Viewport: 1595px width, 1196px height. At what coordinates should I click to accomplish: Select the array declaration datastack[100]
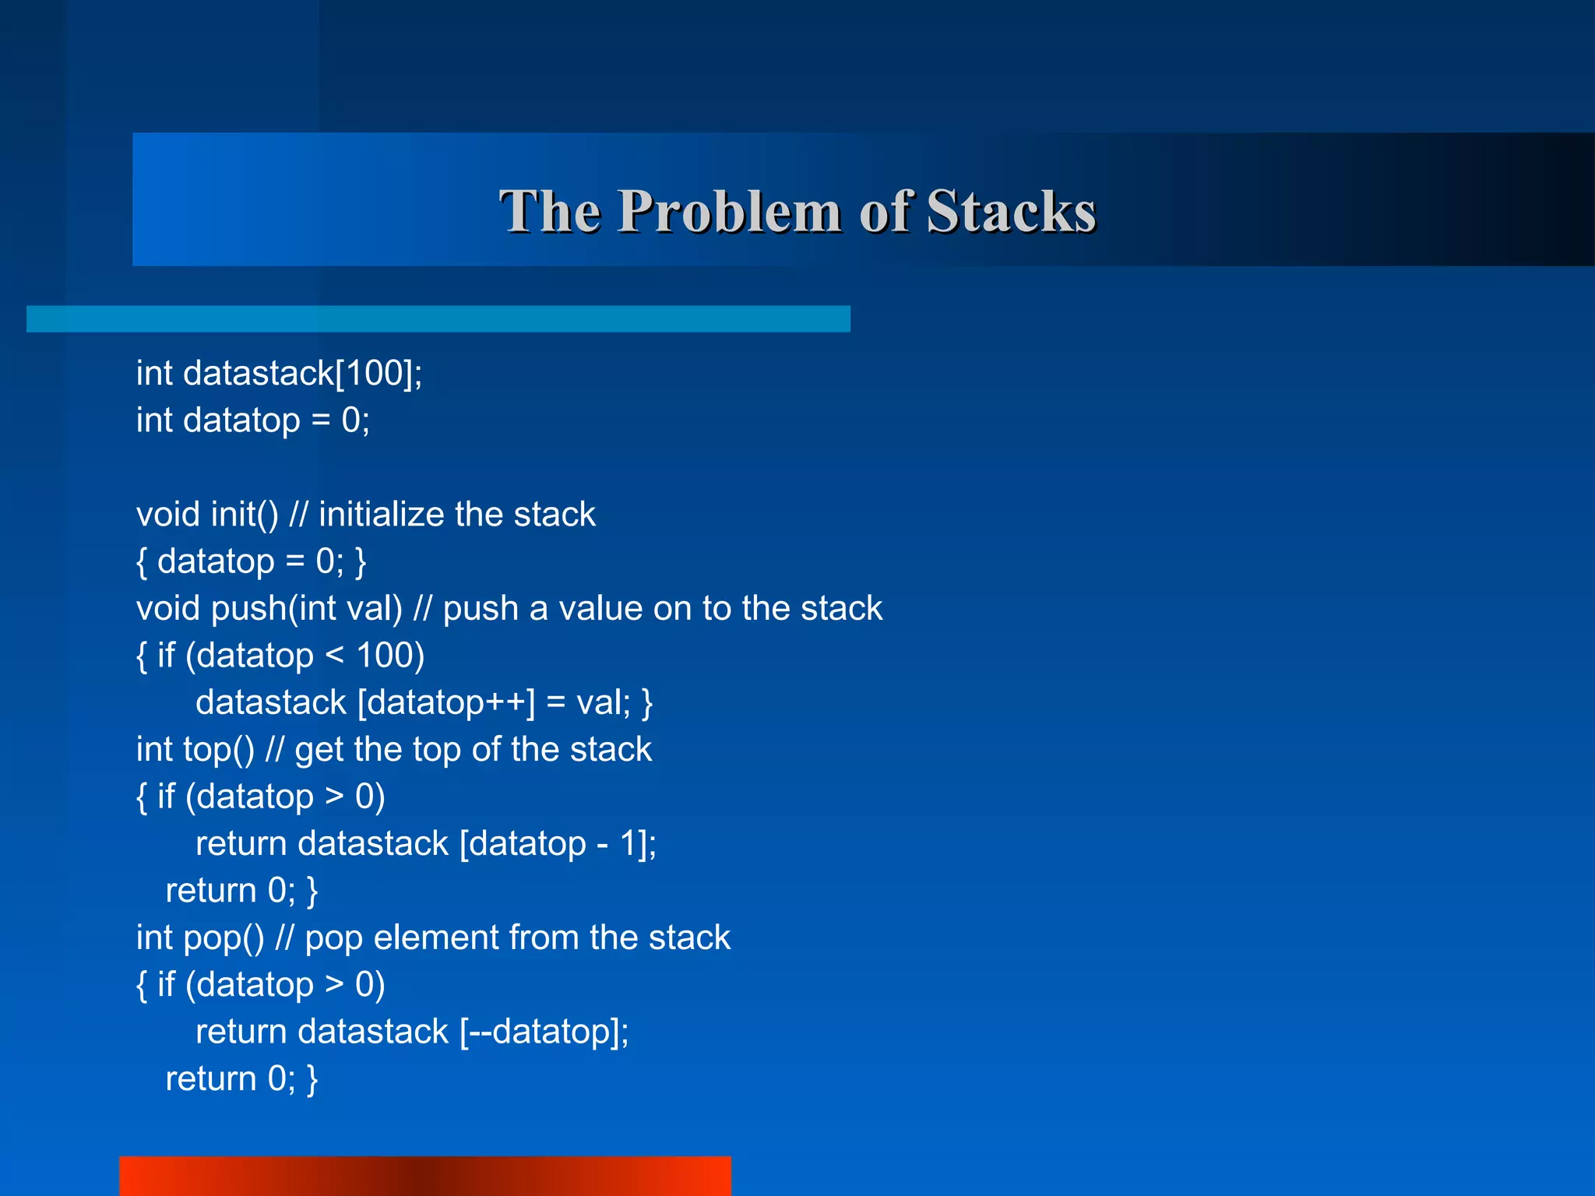point(302,374)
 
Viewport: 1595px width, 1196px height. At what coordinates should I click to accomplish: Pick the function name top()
point(219,750)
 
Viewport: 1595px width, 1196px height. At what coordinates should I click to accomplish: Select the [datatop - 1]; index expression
point(558,844)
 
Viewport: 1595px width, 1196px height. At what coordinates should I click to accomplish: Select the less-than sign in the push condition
point(334,656)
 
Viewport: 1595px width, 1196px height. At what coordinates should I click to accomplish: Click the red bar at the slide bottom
point(425,1176)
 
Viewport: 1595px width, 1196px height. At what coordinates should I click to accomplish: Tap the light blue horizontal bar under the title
point(438,319)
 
